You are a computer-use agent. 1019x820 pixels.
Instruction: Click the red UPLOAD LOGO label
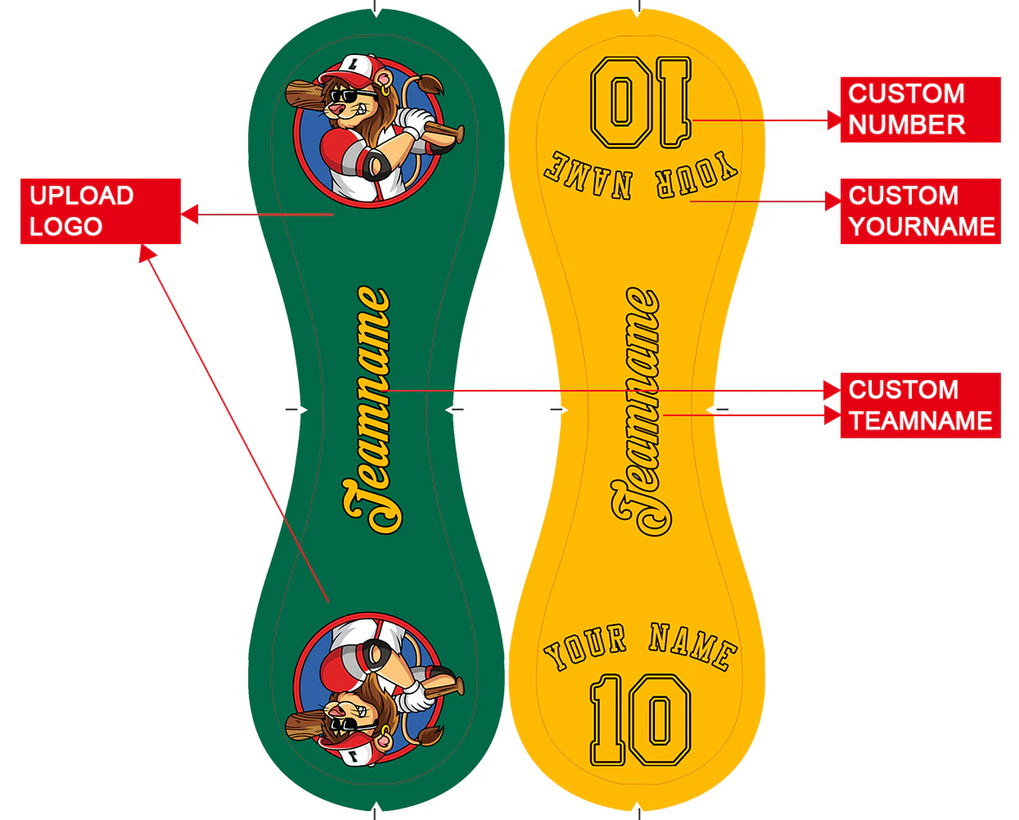click(x=100, y=211)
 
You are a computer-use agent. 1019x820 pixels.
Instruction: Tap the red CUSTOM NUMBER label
click(x=920, y=110)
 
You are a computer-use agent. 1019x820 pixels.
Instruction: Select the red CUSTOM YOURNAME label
click(x=920, y=211)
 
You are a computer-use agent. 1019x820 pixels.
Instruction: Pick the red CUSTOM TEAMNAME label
click(x=920, y=405)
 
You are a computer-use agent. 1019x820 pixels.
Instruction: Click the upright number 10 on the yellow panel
click(x=640, y=720)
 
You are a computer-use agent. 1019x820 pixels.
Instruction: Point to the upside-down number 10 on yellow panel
click(x=640, y=102)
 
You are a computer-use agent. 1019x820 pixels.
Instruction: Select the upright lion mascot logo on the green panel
click(x=370, y=131)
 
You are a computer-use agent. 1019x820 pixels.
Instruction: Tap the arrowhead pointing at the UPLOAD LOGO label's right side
click(x=189, y=215)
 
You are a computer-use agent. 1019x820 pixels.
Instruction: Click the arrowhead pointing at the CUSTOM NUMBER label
click(x=834, y=120)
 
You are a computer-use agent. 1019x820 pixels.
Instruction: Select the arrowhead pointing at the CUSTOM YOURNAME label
click(x=834, y=201)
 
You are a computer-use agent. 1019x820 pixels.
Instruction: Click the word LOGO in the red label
click(x=65, y=227)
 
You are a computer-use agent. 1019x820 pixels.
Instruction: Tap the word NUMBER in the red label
click(x=906, y=125)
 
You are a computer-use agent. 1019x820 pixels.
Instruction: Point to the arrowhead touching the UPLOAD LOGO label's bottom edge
click(x=147, y=253)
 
